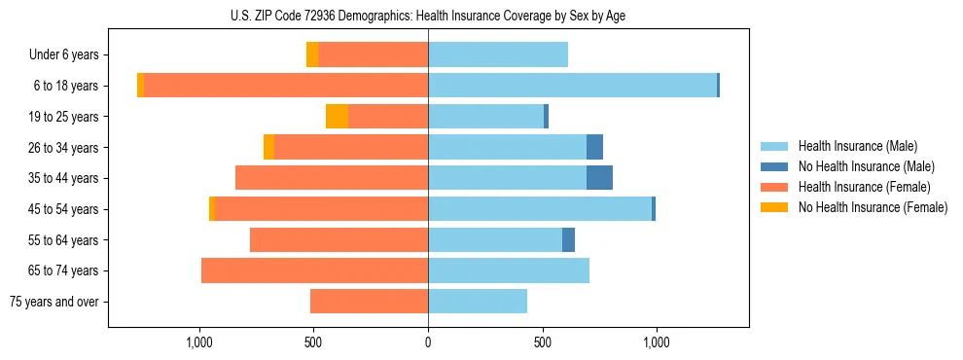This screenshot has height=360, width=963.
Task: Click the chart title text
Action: click(428, 15)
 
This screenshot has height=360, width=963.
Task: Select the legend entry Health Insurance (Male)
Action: click(857, 146)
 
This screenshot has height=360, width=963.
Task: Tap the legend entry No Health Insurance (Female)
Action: click(873, 207)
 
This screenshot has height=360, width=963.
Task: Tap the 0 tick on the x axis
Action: click(428, 342)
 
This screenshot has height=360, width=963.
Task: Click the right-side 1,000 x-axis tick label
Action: click(656, 342)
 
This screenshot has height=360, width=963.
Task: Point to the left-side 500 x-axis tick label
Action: click(313, 342)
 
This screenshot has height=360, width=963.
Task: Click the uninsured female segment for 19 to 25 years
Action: click(337, 117)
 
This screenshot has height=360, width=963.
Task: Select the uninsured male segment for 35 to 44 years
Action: click(599, 178)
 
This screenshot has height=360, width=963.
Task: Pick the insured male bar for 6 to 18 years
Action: click(572, 86)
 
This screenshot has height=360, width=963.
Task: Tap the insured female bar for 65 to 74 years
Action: click(314, 270)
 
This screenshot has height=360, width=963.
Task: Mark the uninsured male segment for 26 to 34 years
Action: click(594, 147)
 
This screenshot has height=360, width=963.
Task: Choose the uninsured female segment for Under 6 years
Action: click(312, 55)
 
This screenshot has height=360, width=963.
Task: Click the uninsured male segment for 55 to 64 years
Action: click(568, 239)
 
